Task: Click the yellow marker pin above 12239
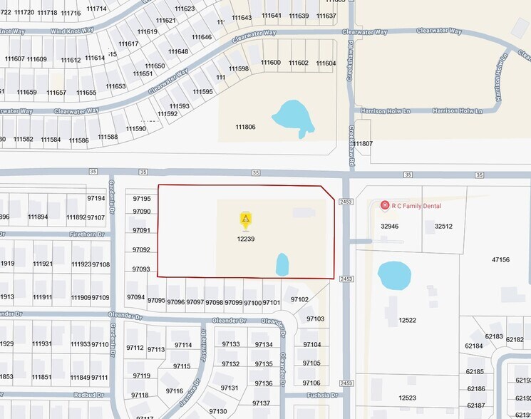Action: pos(245,219)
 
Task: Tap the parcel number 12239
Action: pos(245,239)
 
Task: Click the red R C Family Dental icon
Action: pos(385,205)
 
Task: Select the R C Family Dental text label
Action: pos(416,206)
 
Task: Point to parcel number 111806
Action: pos(245,127)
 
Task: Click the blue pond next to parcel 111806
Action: pos(292,116)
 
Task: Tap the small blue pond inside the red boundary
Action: pos(282,264)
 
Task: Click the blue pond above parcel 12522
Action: pos(393,275)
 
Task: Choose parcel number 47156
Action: pos(500,259)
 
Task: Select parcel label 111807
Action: pos(363,144)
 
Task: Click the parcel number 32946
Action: pos(389,226)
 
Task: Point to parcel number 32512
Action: pos(443,226)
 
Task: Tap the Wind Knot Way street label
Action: pos(73,31)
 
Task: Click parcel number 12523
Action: pos(407,398)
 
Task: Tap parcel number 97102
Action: pos(299,299)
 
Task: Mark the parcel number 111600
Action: pos(270,63)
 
